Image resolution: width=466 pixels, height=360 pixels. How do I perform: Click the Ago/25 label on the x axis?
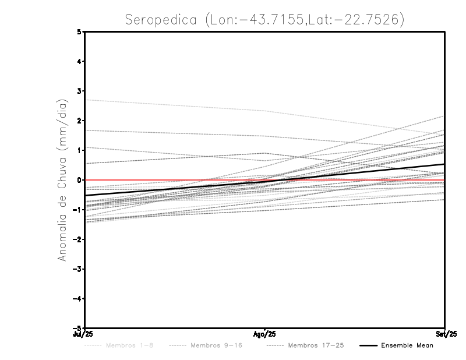(265, 334)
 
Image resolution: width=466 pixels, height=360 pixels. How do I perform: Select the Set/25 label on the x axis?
(444, 334)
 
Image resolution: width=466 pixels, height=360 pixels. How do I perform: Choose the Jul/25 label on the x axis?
(83, 334)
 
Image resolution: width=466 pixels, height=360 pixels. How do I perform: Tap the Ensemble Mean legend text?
(407, 345)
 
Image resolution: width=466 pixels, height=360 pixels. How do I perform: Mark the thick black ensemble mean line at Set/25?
(444, 164)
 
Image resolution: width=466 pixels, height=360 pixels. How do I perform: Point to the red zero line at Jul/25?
(86, 180)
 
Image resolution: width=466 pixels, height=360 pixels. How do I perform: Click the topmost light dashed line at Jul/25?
(86, 100)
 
